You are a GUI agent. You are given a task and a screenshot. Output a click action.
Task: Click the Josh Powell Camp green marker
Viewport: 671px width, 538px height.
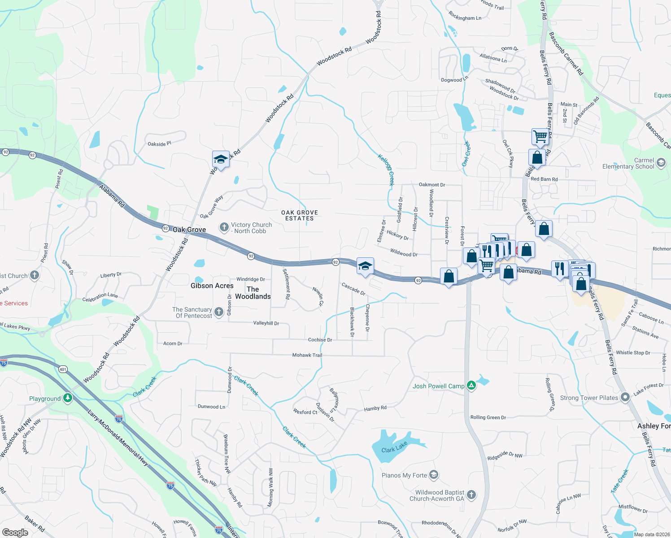(471, 386)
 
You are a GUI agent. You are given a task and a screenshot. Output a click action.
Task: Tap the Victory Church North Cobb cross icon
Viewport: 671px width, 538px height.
(224, 228)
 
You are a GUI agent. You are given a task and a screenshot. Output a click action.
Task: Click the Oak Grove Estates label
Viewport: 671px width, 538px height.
(300, 216)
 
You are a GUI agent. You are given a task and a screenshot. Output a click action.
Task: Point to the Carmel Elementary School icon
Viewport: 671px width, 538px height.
(661, 163)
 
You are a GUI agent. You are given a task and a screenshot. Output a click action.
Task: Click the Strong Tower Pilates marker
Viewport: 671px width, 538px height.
(625, 398)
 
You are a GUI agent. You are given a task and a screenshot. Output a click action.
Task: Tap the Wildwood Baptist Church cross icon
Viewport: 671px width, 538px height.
(471, 495)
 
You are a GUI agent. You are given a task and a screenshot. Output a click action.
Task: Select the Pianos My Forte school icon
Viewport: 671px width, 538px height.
(433, 475)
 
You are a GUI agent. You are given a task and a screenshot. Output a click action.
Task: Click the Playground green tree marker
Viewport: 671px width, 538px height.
(67, 398)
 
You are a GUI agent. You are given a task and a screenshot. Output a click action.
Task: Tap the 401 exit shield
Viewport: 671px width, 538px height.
(63, 369)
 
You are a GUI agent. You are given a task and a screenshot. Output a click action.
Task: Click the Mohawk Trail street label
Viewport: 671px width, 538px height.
(307, 355)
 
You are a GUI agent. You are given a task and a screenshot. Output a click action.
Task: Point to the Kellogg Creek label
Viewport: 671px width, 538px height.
(386, 170)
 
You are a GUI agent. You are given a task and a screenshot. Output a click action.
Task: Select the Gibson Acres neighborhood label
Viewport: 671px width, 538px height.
(212, 286)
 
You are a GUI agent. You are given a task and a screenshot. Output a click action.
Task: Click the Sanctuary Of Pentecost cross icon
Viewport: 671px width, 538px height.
(218, 312)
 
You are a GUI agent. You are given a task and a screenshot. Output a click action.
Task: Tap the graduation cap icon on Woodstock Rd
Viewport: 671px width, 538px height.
(221, 159)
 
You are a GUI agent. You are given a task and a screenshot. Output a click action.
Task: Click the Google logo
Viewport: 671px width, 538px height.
(15, 532)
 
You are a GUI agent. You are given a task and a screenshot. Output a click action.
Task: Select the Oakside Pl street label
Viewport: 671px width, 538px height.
(159, 144)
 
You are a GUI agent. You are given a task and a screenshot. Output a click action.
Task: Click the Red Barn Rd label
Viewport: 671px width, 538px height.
(544, 179)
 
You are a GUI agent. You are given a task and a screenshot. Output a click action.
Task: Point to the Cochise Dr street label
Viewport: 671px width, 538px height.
(320, 340)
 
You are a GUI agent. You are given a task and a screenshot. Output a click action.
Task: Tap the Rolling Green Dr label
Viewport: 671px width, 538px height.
(488, 417)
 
